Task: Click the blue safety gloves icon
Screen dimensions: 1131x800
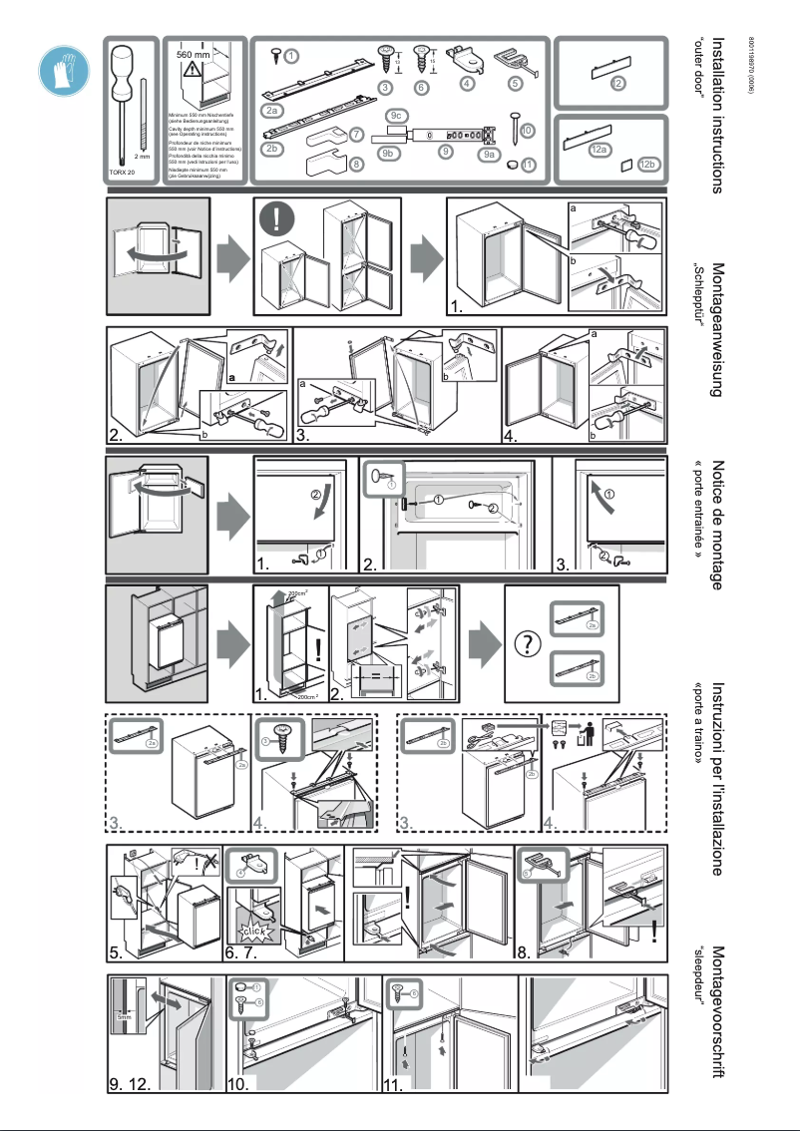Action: [59, 69]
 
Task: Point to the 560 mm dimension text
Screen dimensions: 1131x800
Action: [194, 54]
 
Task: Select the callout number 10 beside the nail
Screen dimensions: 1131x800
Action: [527, 130]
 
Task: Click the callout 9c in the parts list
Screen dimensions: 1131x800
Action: [396, 117]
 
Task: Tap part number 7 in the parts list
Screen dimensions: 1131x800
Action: [356, 135]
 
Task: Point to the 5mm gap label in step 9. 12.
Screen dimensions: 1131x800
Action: [123, 1016]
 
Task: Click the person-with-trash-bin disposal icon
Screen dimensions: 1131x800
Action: [585, 734]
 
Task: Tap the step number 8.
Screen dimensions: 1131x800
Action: [523, 951]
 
